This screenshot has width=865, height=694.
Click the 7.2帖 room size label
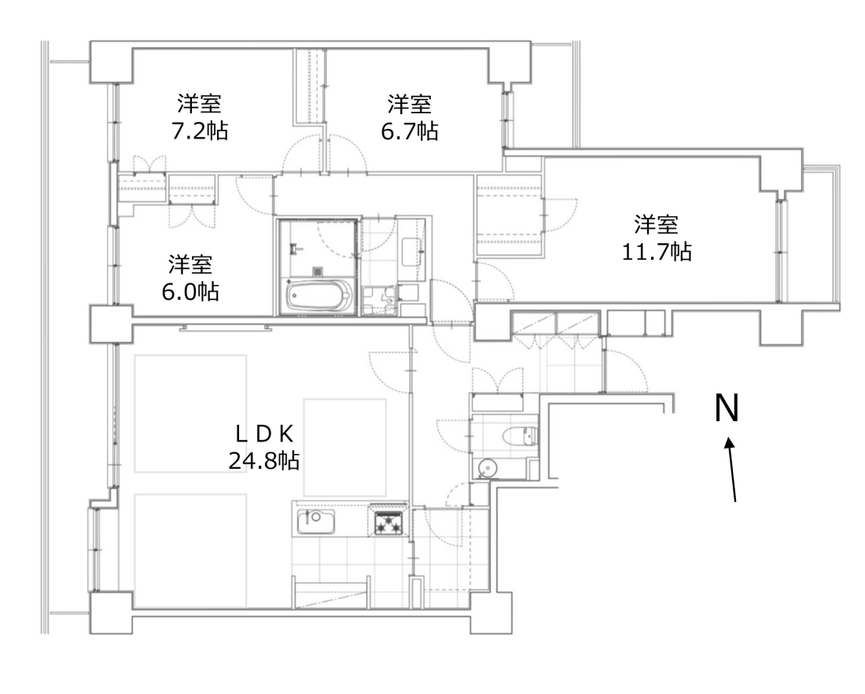click(199, 131)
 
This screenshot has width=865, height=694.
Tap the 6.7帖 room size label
click(410, 131)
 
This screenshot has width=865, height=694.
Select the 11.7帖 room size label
click(657, 252)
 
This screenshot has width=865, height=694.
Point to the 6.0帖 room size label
click(190, 291)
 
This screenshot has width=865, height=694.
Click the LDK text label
click(264, 434)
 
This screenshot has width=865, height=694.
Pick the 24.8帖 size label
click(264, 460)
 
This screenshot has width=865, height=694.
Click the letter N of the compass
click(727, 408)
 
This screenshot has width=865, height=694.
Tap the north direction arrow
click(732, 470)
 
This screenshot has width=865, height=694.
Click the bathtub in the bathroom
click(318, 297)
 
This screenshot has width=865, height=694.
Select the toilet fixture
click(520, 436)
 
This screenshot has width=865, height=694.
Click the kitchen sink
click(315, 521)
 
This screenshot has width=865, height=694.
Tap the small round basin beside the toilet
click(487, 469)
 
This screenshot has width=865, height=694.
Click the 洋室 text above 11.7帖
click(656, 224)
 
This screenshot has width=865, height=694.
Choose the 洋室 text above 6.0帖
click(190, 264)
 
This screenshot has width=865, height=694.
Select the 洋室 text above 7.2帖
click(199, 104)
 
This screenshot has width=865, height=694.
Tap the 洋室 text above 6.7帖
click(410, 104)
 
